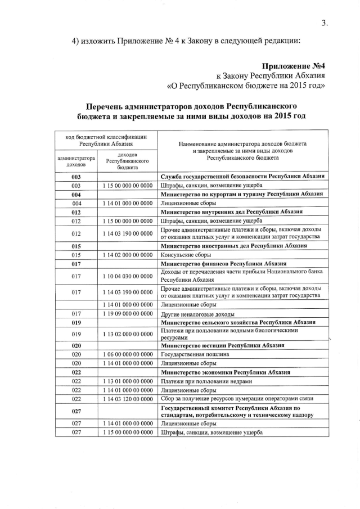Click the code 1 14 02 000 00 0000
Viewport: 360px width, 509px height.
pos(128,255)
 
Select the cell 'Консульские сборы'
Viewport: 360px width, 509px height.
pos(185,255)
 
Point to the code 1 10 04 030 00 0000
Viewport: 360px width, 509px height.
pos(128,276)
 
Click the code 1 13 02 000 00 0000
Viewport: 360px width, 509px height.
pos(128,334)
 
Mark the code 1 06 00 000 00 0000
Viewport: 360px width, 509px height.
pos(128,355)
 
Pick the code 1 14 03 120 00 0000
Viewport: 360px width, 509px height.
pos(128,398)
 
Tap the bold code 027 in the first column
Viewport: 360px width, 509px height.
pos(77,411)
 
